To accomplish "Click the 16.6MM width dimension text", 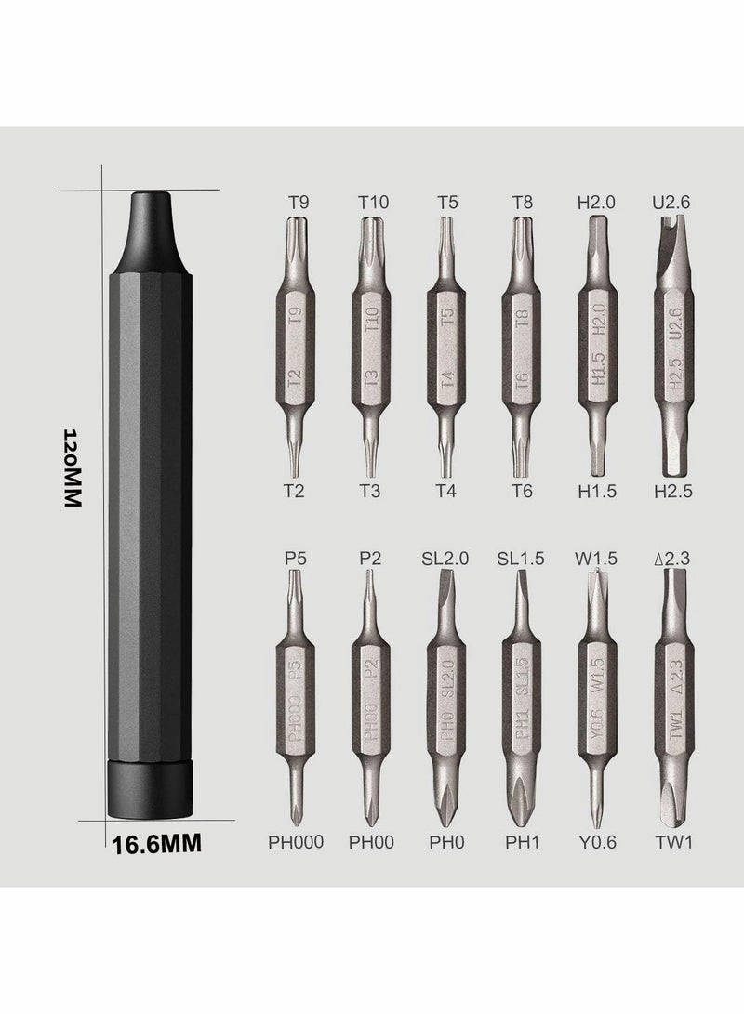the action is tap(156, 845).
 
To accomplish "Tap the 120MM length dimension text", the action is tap(73, 467).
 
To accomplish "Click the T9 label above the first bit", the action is tap(299, 203).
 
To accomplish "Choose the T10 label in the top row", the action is tap(373, 203).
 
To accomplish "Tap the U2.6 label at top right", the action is tap(671, 203).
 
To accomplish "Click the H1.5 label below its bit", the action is tap(596, 492).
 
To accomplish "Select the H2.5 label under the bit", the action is tap(672, 492).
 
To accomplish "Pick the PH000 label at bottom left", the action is tap(296, 842).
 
